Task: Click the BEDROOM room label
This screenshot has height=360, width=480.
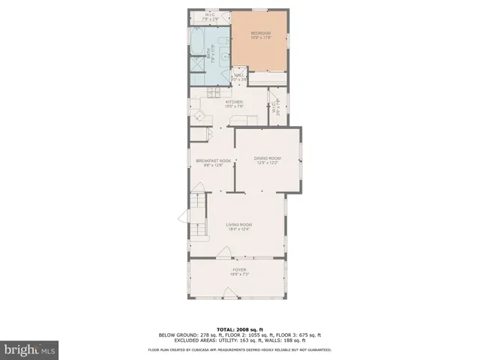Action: [259, 34]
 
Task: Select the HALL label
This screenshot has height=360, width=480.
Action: [239, 76]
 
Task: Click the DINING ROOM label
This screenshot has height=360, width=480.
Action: [267, 157]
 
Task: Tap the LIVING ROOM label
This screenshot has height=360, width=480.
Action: [239, 225]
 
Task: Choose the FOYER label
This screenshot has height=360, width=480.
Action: [239, 270]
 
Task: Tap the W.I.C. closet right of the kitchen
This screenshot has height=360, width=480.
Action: [278, 109]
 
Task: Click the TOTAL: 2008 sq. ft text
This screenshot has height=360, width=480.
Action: [239, 329]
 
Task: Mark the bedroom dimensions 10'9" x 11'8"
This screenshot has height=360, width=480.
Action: [259, 38]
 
